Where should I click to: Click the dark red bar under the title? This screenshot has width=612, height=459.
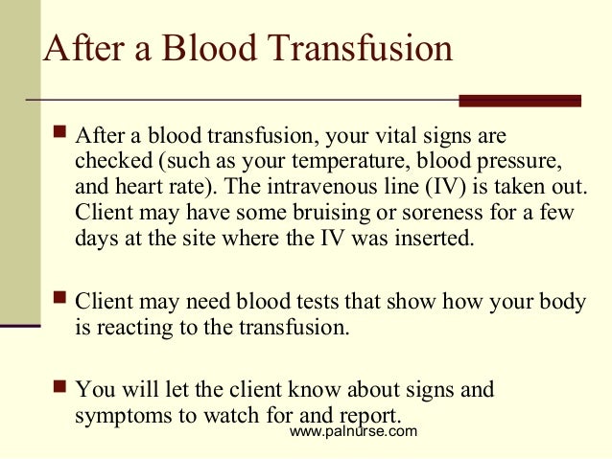click(x=520, y=101)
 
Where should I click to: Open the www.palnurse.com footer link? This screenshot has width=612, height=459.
click(x=353, y=432)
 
